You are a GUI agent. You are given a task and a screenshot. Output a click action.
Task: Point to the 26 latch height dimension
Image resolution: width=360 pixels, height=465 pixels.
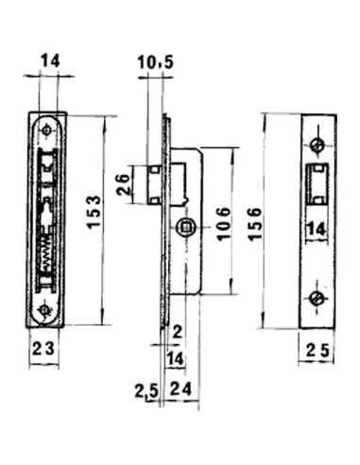124,182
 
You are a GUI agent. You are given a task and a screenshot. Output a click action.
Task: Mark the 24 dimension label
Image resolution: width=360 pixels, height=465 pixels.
181,387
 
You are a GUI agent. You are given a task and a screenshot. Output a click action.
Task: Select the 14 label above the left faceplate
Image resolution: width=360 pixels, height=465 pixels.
49,61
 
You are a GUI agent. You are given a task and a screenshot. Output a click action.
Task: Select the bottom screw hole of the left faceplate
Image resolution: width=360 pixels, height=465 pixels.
43,309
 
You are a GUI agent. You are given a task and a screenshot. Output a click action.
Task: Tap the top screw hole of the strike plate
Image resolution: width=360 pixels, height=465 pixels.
317,145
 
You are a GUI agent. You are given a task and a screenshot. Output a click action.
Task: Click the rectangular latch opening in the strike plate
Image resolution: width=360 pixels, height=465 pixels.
317,182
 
